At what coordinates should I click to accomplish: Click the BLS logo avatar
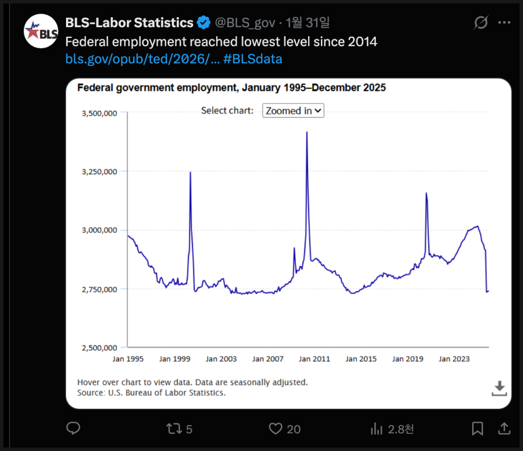tap(41, 31)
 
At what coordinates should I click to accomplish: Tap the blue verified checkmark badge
tap(204, 23)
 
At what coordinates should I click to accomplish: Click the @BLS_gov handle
tap(244, 23)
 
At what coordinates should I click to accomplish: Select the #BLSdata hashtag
tap(253, 59)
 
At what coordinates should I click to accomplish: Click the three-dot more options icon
tap(504, 23)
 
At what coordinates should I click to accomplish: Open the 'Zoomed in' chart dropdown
tap(293, 111)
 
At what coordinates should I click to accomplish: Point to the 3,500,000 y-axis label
tap(100, 113)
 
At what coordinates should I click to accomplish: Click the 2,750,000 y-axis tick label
tap(100, 289)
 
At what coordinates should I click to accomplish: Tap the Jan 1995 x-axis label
tap(128, 359)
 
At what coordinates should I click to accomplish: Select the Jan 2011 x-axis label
tap(315, 359)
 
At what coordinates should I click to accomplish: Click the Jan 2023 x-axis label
tap(454, 359)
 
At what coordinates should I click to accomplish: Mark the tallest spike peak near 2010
tap(307, 132)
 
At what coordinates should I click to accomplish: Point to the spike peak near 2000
tap(190, 173)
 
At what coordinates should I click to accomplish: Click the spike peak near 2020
tap(426, 193)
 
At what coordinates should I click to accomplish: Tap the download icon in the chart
tap(499, 388)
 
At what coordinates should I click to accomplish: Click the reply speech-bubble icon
tap(73, 429)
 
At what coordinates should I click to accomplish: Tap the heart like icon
tap(276, 429)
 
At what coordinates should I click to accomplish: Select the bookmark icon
tap(477, 429)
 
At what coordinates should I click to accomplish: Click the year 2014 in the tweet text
tap(363, 41)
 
